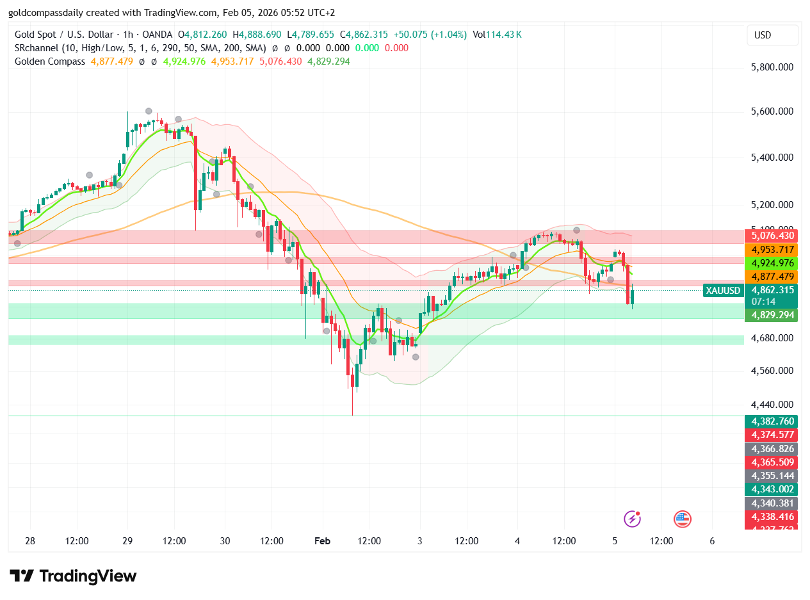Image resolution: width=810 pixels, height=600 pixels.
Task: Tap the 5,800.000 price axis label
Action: pos(772,67)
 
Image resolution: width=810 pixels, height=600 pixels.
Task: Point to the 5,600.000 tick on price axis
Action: pos(772,111)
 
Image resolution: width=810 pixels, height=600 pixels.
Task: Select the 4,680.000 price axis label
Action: pos(772,338)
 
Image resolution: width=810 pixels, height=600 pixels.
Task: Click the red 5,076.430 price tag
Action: pos(772,236)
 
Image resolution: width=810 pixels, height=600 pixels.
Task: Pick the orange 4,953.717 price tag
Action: pos(772,249)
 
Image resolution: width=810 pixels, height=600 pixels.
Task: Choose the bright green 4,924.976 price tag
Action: pos(772,263)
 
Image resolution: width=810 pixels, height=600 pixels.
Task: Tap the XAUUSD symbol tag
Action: pos(723,291)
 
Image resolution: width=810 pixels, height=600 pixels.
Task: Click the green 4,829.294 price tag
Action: pos(772,315)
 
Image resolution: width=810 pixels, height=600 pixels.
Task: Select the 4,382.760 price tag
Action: pos(772,421)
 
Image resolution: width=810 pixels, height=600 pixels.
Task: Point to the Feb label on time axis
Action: pos(322,541)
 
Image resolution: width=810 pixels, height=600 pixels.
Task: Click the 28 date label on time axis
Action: pos(30,541)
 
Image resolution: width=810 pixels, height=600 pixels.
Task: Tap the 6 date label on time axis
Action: pos(712,541)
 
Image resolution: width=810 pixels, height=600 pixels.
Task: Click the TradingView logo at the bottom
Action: pos(73,576)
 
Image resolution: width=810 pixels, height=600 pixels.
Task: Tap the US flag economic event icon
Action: pos(683,519)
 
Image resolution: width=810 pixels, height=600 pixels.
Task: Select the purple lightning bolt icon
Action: pos(632,519)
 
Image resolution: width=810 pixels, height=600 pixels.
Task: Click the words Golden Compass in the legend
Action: pos(50,61)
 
